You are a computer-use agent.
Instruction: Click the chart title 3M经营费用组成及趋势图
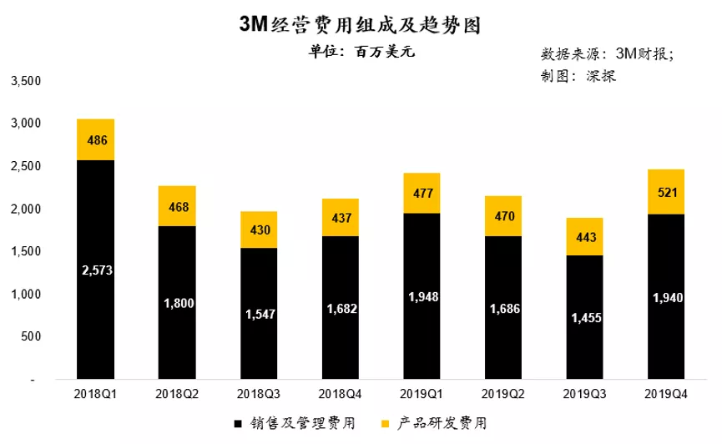(360, 24)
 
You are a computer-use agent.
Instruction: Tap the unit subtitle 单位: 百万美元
(361, 51)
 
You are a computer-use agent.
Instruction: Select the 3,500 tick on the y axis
(25, 81)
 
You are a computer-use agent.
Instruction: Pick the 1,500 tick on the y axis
(25, 251)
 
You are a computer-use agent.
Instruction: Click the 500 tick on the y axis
(30, 336)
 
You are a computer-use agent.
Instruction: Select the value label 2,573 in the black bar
(95, 270)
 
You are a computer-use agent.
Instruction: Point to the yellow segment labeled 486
(95, 139)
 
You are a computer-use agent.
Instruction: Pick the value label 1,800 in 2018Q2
(177, 304)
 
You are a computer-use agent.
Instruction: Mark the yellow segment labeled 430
(258, 230)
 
